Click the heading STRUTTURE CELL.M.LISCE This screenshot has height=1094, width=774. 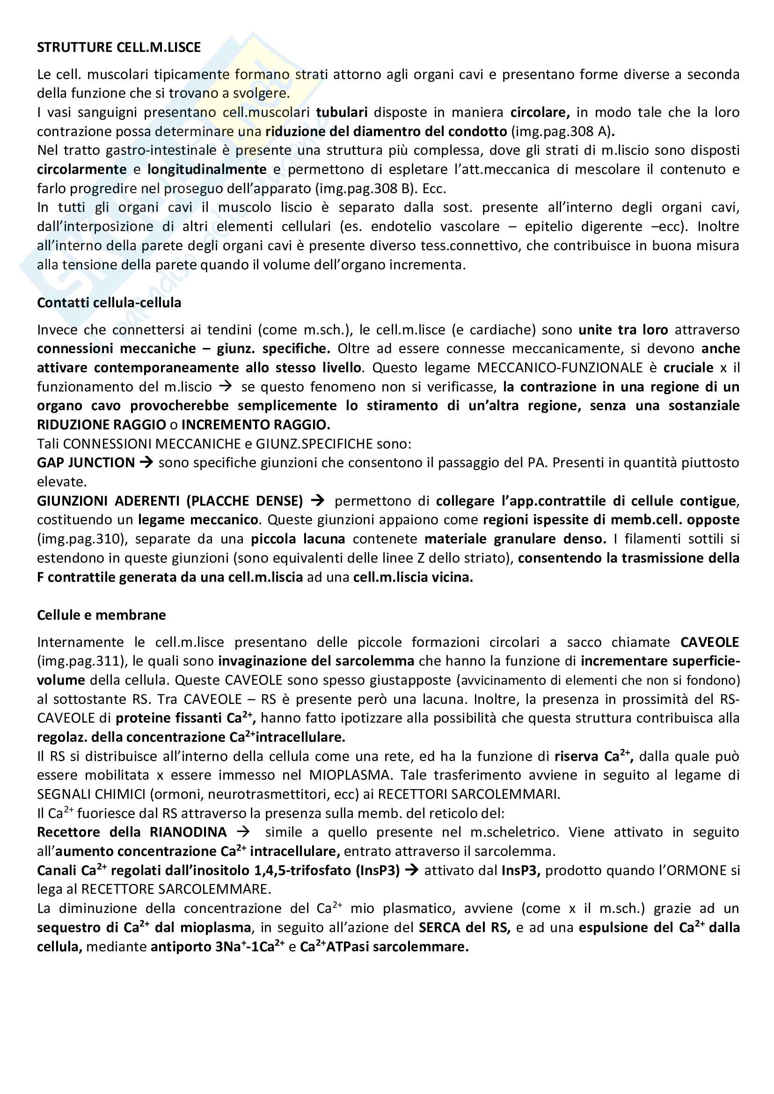click(119, 47)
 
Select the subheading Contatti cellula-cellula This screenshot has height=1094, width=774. click(109, 303)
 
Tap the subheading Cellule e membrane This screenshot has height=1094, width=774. click(102, 615)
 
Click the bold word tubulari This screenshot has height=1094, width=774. click(342, 112)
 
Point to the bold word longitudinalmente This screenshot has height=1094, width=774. click(207, 169)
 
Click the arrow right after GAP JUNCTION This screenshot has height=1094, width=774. click(146, 462)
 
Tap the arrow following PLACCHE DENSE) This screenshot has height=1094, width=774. click(317, 500)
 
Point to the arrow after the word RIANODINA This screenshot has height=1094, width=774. click(243, 832)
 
